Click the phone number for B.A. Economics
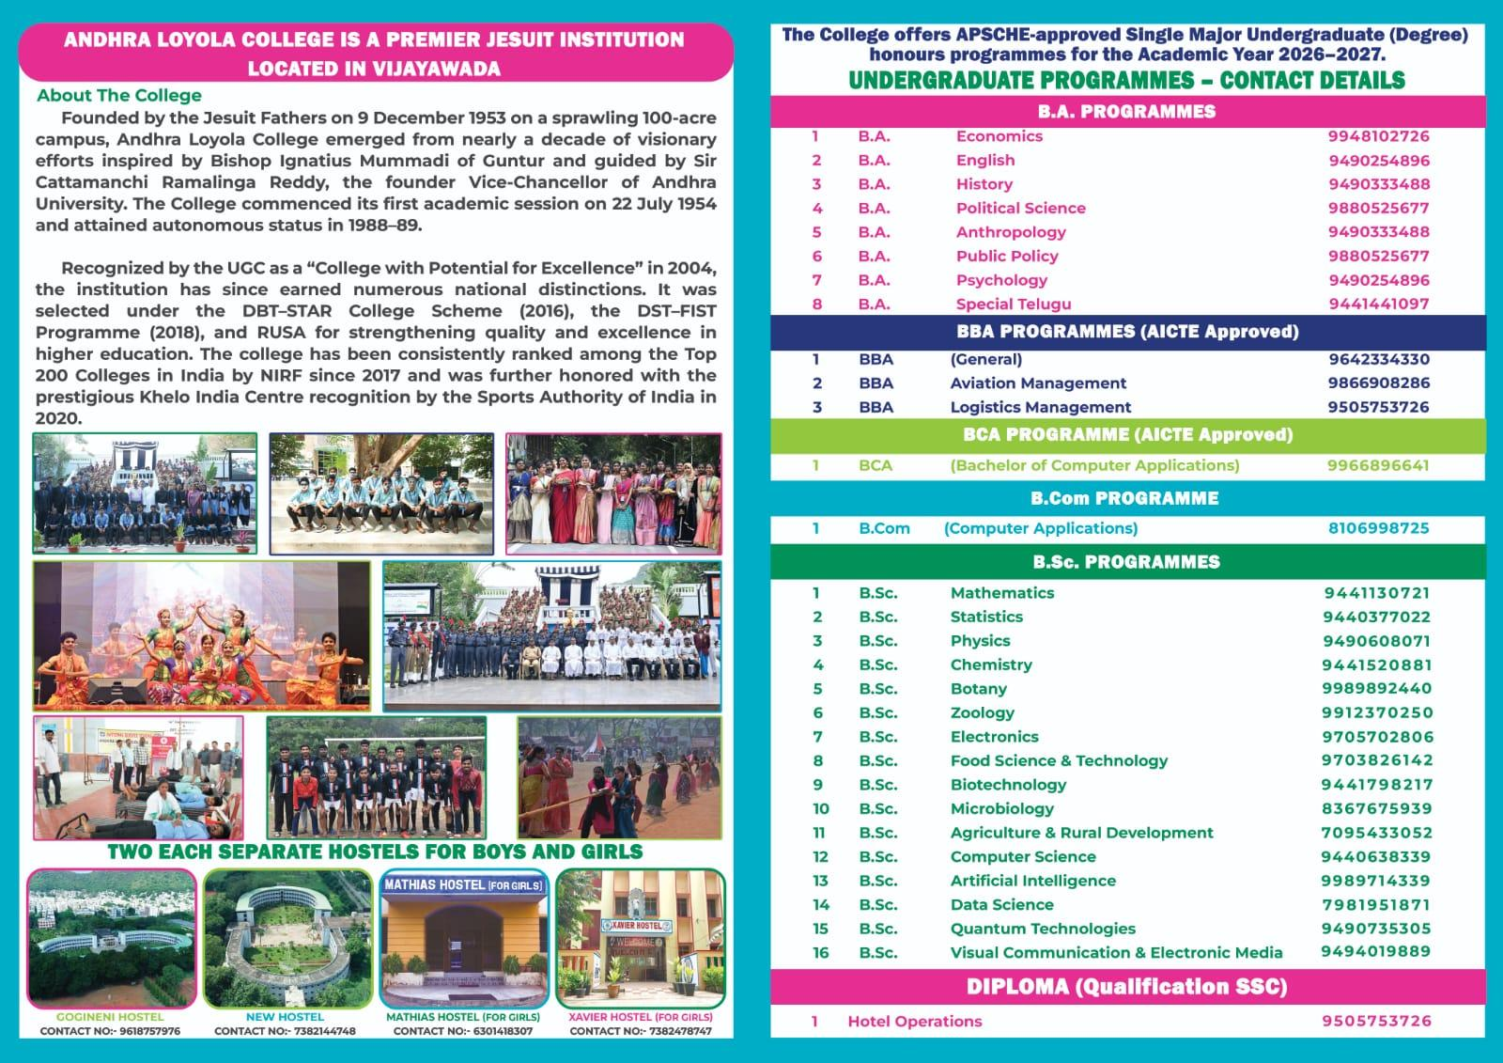1378,136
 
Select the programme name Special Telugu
1013,304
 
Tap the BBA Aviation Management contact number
1378,383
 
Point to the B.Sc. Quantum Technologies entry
1043,929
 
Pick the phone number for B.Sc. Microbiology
1376,808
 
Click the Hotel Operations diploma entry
914,1022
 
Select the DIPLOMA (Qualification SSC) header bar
1126,987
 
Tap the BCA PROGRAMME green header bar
1127,435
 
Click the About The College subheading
119,96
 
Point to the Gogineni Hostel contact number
110,1031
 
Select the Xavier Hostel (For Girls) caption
641,1017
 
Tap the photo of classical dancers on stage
201,636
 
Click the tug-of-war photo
619,777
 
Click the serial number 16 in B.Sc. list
820,953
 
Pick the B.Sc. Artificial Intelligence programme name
1032,881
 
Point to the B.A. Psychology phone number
1378,280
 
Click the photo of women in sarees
613,493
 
